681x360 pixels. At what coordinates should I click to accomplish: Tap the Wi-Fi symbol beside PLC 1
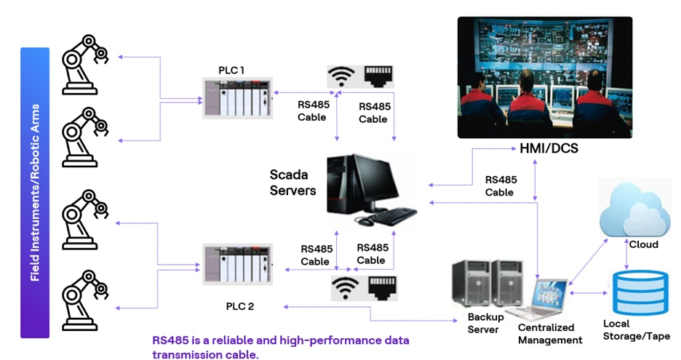click(342, 77)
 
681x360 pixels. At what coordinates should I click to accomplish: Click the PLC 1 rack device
click(238, 99)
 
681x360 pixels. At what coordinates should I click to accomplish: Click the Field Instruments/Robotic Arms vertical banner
click(34, 193)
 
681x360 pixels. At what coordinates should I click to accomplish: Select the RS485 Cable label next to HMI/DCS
click(500, 186)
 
